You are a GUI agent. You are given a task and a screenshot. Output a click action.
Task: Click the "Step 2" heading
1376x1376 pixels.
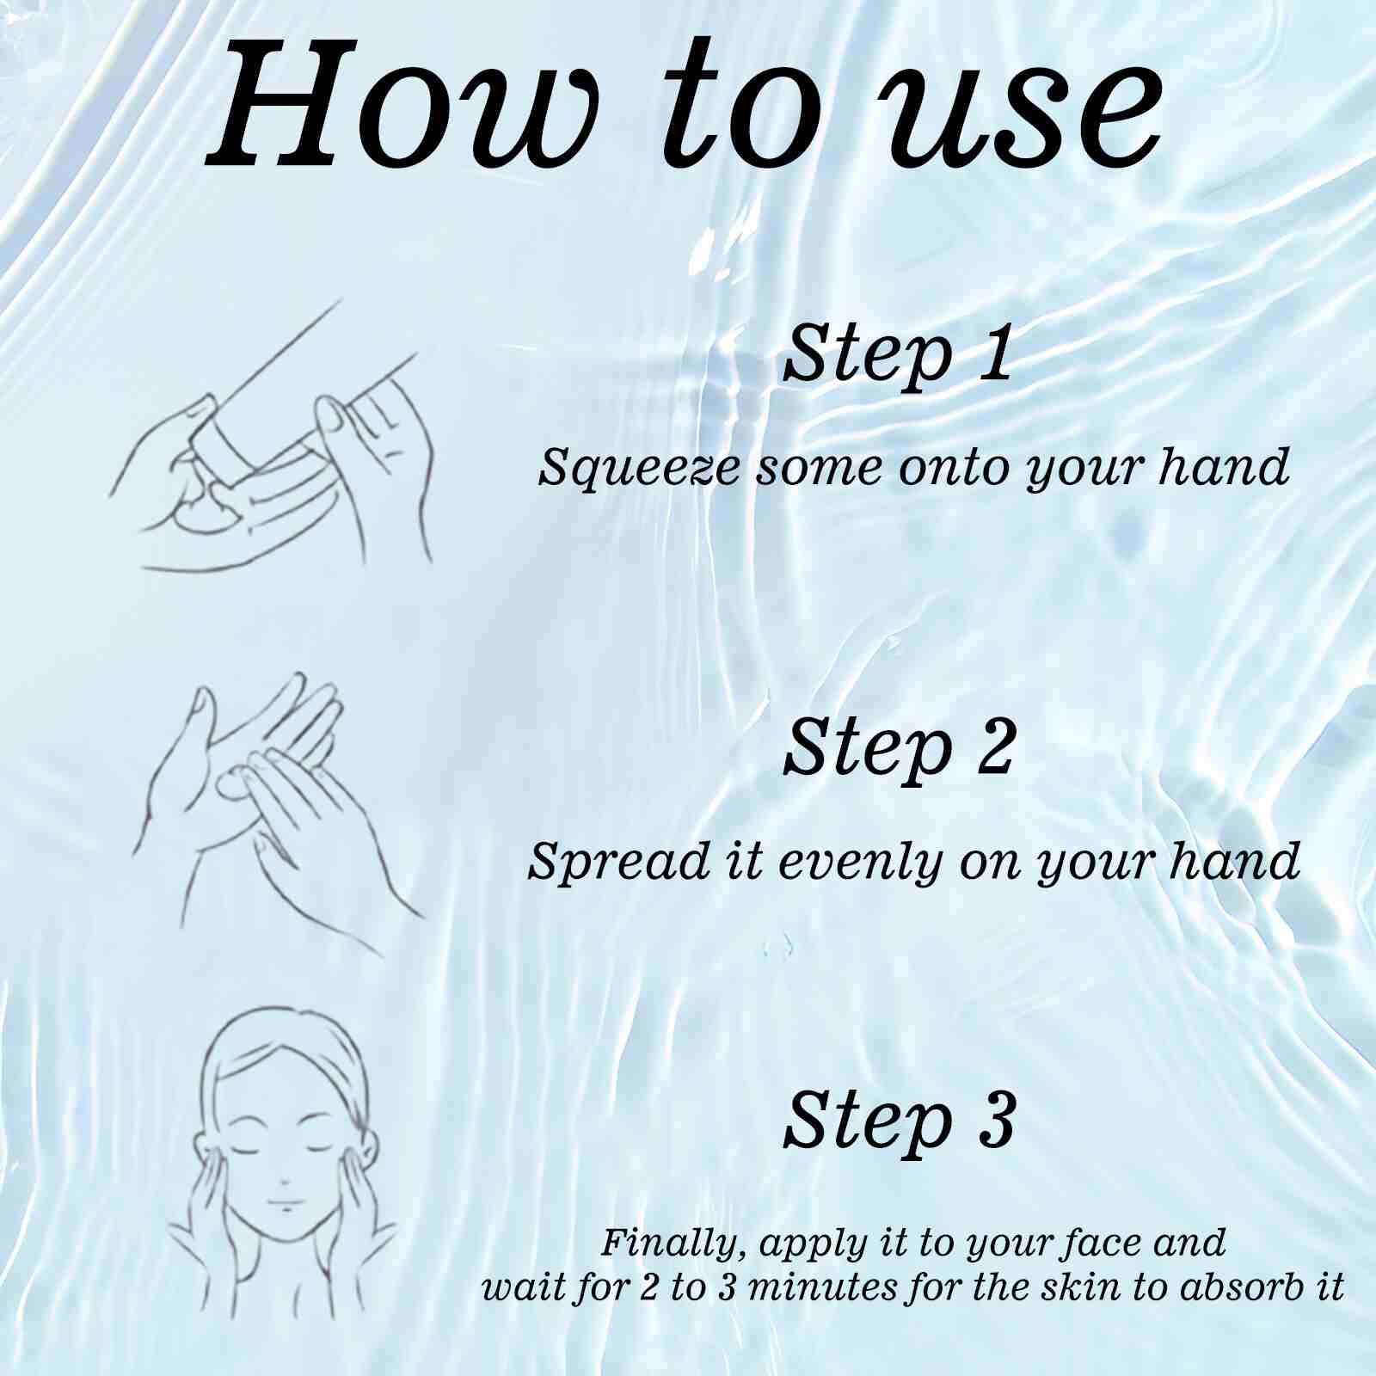[x=900, y=746]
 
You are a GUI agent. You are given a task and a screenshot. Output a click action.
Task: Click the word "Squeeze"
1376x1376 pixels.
[x=638, y=470]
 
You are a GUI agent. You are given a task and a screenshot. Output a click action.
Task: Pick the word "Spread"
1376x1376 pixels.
[x=619, y=861]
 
